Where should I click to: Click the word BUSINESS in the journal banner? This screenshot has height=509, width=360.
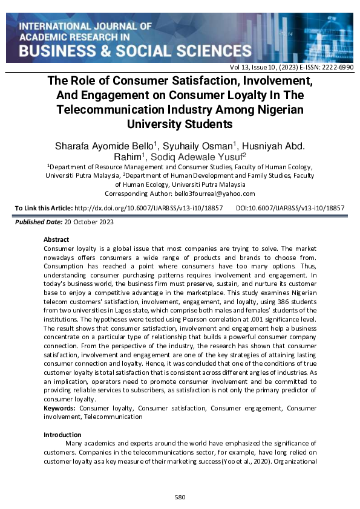point(58,50)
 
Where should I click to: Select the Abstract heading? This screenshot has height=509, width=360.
point(56,239)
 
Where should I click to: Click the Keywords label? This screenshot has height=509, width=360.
point(60,409)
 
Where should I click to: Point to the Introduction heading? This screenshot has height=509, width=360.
point(62,435)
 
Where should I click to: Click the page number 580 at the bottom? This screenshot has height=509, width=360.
point(180,498)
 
